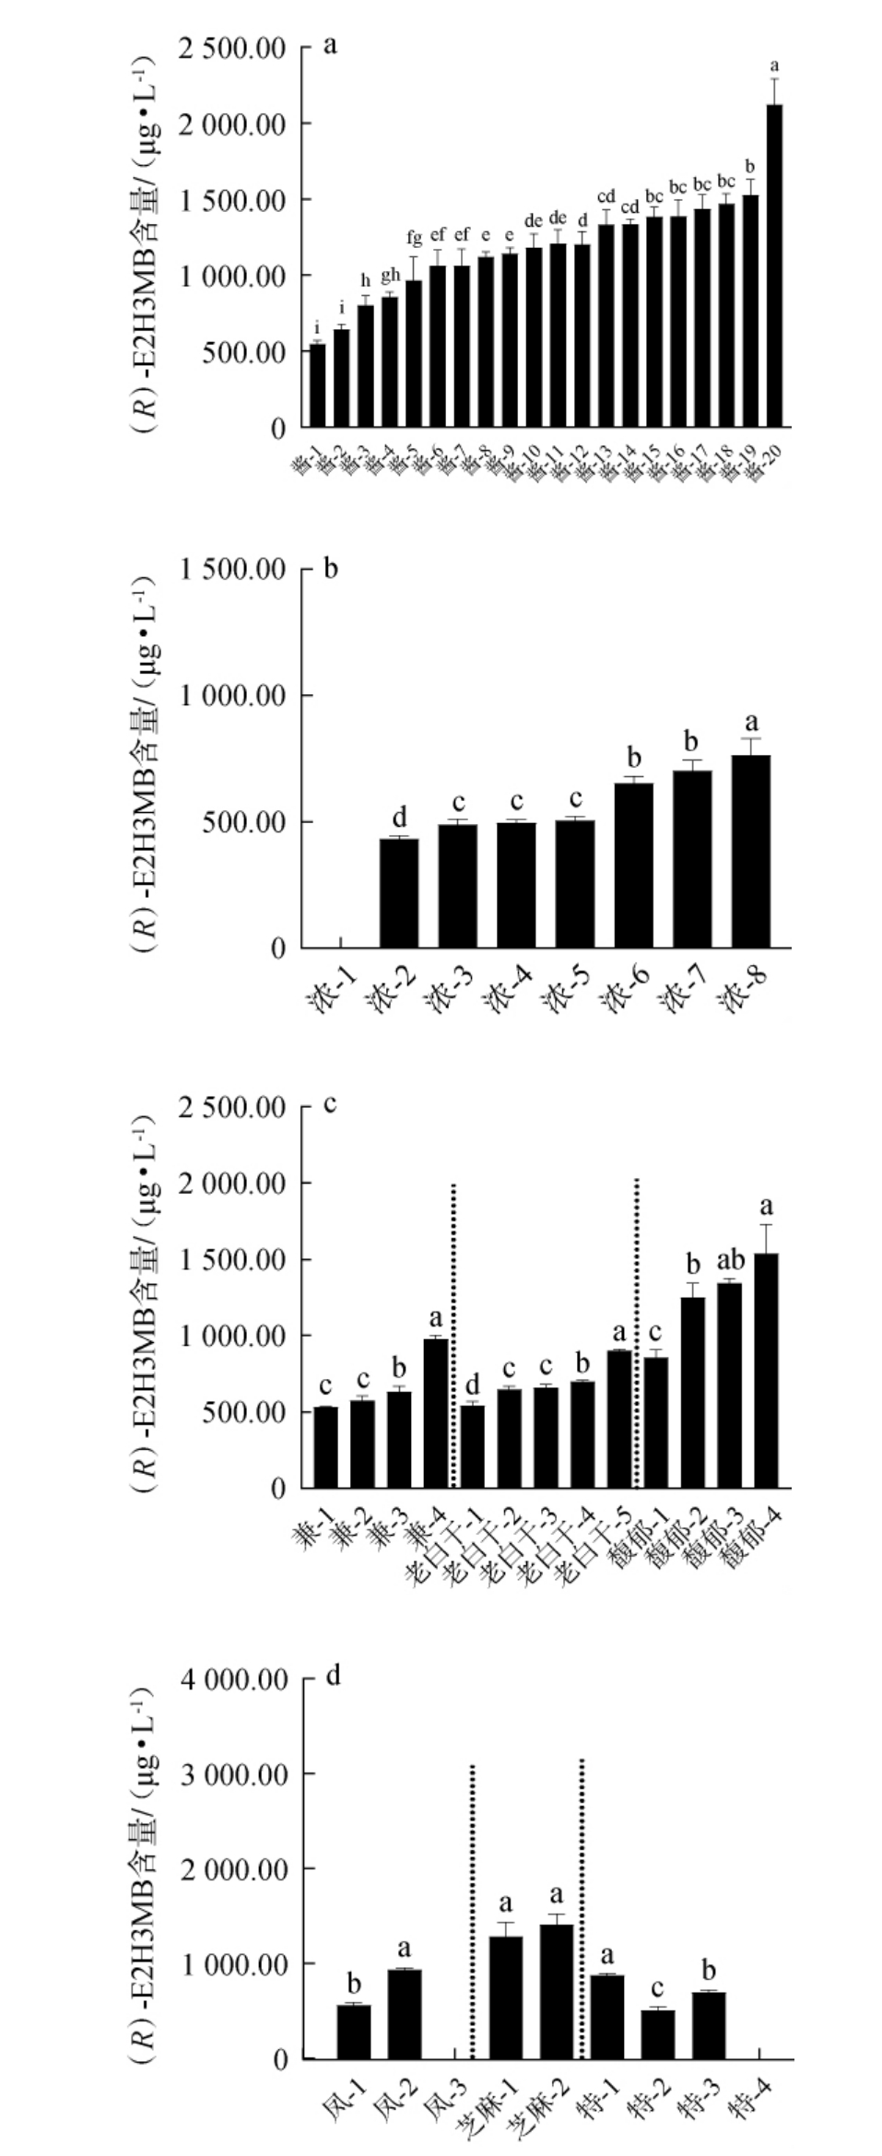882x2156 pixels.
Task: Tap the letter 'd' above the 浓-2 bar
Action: tap(399, 818)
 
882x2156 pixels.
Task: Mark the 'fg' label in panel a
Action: tap(414, 239)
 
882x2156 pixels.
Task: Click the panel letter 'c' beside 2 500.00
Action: tap(330, 1103)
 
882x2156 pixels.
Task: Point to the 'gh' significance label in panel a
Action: tap(390, 275)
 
